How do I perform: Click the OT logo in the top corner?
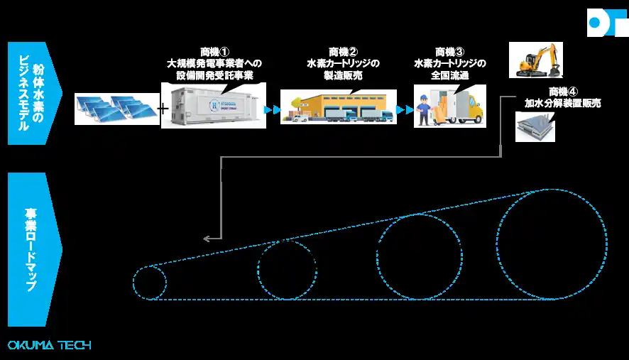[608, 23]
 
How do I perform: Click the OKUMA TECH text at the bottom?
[49, 345]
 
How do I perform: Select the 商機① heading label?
[213, 52]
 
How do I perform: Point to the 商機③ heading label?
[449, 52]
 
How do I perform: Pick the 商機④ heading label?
[564, 92]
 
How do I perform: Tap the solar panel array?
[116, 108]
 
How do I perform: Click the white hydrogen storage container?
[213, 106]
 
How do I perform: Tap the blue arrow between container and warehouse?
[271, 110]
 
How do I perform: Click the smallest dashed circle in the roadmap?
[149, 283]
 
